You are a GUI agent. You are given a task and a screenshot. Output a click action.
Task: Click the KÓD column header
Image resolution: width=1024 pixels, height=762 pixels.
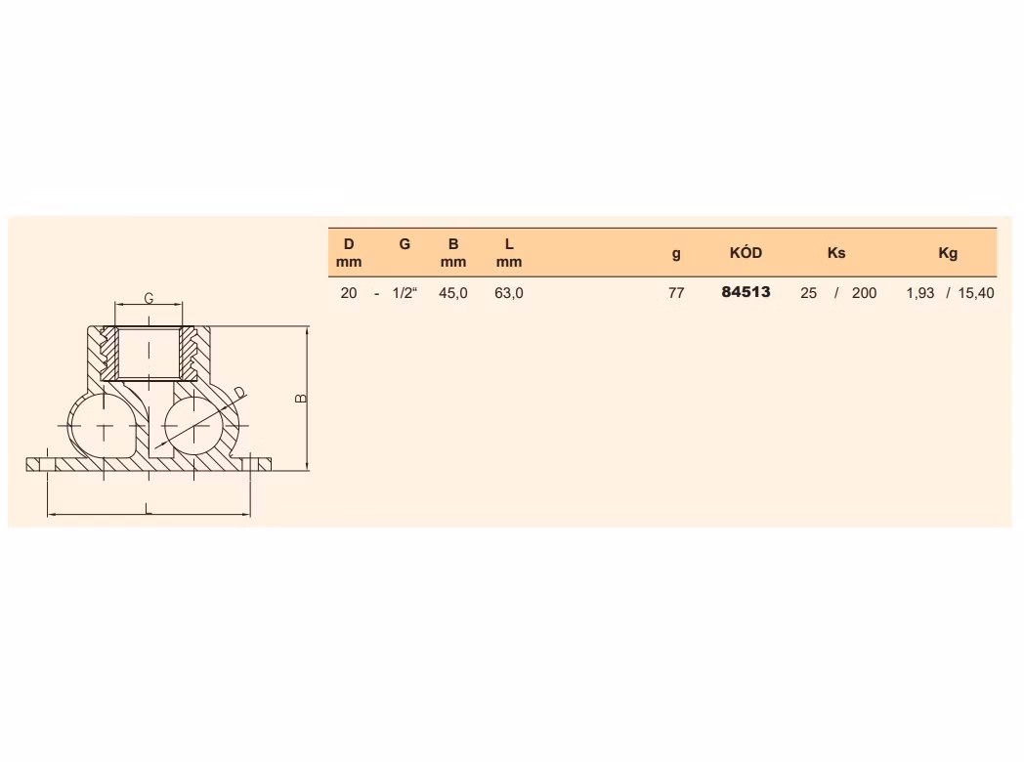[746, 253]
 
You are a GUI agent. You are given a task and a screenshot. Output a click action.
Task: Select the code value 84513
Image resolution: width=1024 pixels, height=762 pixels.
[746, 292]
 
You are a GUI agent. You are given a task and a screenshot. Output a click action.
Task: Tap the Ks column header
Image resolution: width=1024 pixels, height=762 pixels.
[836, 253]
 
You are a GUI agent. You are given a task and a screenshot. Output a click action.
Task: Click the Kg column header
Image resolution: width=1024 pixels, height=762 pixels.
[948, 253]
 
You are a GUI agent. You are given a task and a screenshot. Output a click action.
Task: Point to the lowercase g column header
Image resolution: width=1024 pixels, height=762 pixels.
[676, 254]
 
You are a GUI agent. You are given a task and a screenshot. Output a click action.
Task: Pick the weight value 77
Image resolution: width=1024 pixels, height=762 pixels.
[676, 292]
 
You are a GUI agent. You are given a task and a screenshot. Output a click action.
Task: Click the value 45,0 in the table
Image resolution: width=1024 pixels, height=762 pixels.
[453, 292]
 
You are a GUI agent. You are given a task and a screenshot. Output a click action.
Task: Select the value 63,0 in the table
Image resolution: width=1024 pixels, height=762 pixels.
[509, 292]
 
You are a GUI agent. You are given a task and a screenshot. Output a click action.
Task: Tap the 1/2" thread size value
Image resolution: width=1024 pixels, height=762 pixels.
[405, 292]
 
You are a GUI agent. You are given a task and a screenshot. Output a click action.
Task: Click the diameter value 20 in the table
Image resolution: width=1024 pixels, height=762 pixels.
[349, 292]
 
